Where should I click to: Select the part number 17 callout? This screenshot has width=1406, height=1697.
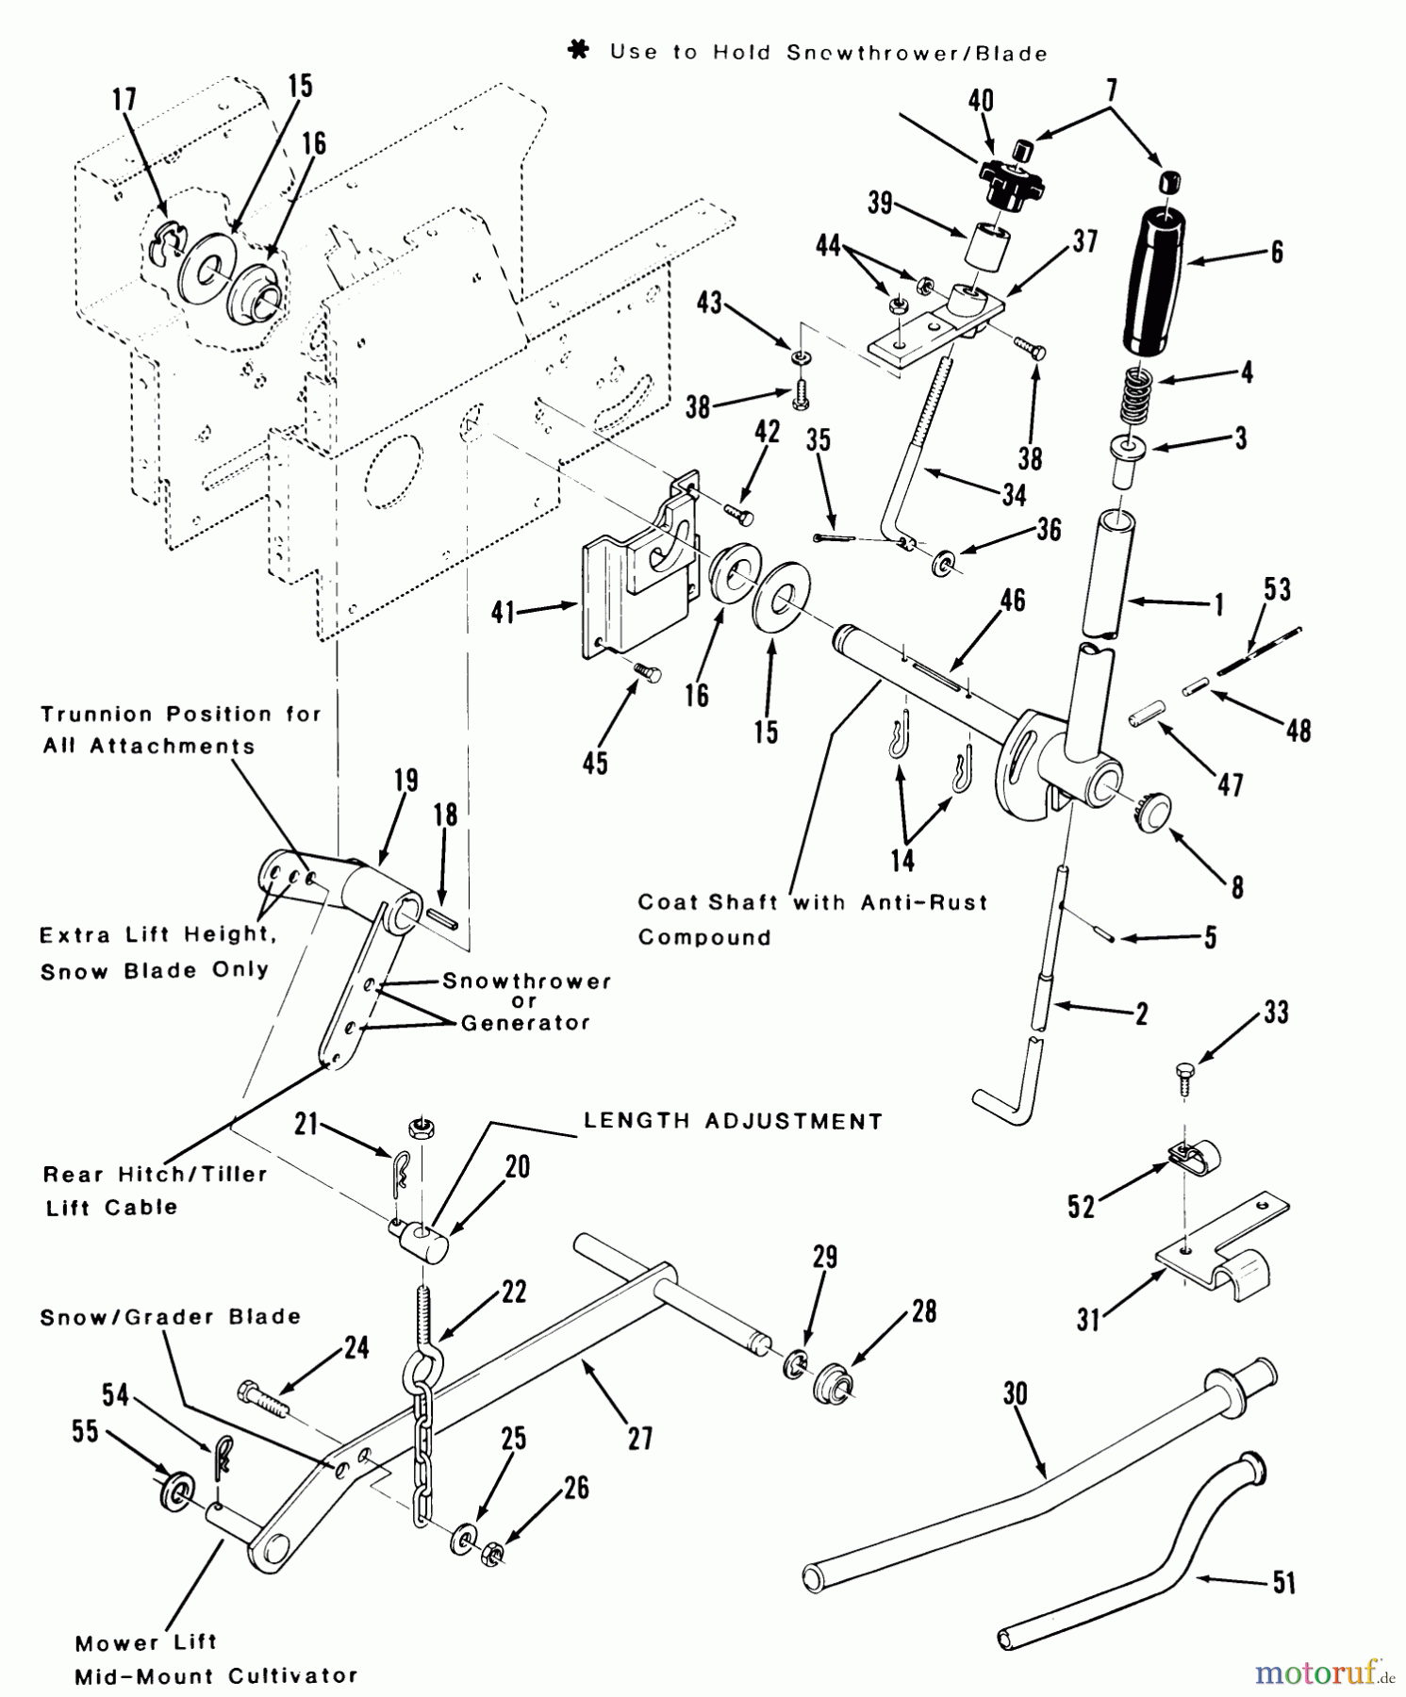(x=124, y=100)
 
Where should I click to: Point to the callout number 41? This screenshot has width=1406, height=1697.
(x=503, y=612)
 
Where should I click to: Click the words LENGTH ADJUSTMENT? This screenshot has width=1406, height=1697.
(x=733, y=1121)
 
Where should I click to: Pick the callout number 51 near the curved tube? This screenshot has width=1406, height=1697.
(x=1284, y=1582)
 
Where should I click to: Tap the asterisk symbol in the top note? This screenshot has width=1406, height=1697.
(x=579, y=51)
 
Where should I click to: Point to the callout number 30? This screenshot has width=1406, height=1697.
(x=1015, y=1393)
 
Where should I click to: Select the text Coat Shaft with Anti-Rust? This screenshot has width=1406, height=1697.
(x=812, y=902)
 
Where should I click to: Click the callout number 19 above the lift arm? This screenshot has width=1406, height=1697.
(x=406, y=781)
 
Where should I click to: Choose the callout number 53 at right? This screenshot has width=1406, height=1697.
(x=1277, y=590)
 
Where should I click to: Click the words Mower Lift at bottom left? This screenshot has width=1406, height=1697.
(x=146, y=1642)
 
